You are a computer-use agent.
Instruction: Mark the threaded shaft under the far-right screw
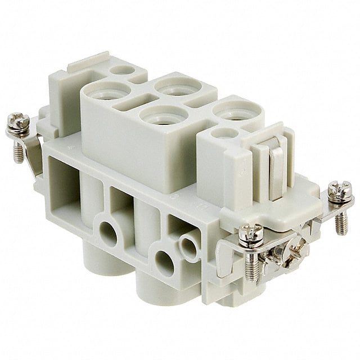(x=341, y=222)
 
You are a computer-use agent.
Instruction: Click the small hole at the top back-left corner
(x=123, y=71)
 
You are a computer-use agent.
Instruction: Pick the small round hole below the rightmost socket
(x=225, y=134)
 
